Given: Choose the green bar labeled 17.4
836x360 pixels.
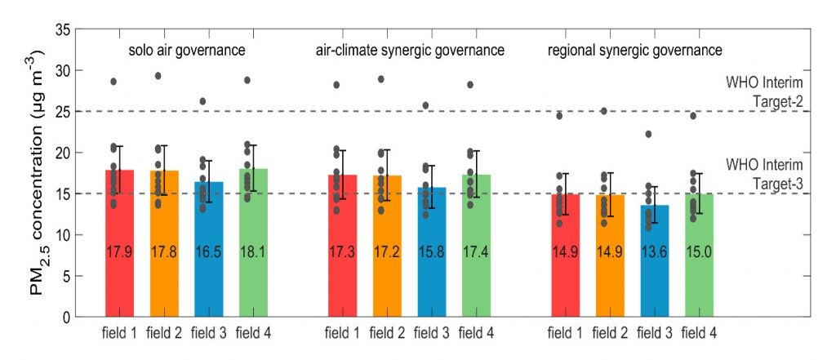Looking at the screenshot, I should tap(476, 245).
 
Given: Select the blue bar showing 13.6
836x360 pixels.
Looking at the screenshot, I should tap(654, 260).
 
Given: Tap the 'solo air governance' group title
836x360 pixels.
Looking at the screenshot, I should tap(187, 51).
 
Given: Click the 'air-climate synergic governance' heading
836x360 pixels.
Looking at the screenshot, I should tap(410, 51).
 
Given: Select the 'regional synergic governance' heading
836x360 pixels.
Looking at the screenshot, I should tap(634, 51).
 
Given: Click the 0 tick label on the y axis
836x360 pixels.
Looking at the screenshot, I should tap(64, 317).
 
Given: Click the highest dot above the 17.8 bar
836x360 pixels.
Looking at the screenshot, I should tap(158, 76).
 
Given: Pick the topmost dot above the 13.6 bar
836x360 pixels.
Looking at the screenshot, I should tap(647, 134).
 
